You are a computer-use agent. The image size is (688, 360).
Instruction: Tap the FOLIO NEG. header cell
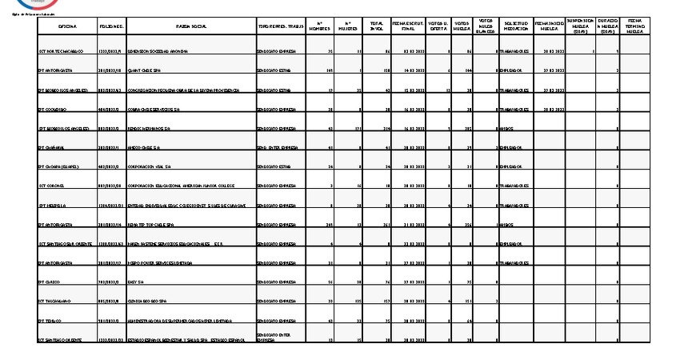111,26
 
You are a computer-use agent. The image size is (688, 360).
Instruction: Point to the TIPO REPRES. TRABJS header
279,26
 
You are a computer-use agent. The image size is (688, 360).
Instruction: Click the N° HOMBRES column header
320,26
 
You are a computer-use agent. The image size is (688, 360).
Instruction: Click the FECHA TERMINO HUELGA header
634,26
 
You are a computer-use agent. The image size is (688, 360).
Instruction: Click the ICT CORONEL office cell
54,186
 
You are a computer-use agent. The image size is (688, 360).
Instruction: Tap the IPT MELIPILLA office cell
54,206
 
